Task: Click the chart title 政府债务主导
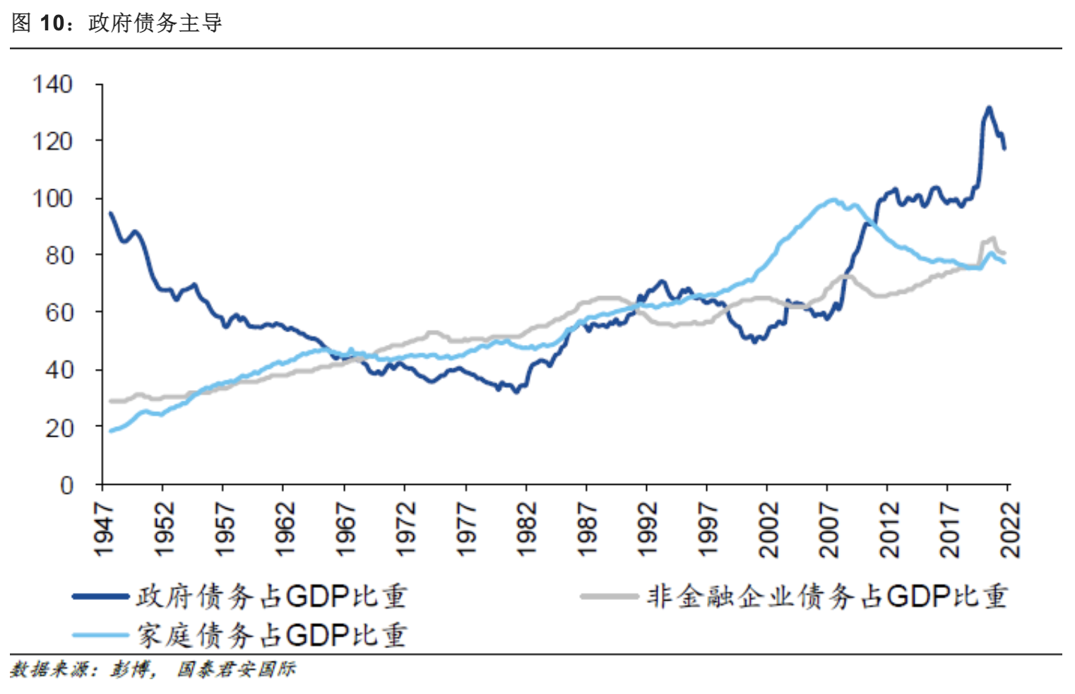tap(155, 23)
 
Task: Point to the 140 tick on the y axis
tap(52, 84)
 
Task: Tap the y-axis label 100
tap(52, 198)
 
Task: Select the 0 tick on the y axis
tap(66, 485)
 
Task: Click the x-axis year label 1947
tap(104, 529)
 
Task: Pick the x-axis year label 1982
tap(526, 529)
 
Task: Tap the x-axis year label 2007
tap(828, 529)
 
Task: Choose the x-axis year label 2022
tap(1010, 529)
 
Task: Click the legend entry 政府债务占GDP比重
tap(271, 596)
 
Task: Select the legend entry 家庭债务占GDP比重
tap(271, 635)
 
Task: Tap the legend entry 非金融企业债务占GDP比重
tap(826, 596)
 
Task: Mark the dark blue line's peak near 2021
tap(989, 107)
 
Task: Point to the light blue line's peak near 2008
tap(833, 199)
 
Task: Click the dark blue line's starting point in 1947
tap(110, 213)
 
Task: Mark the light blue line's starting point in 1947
tap(110, 430)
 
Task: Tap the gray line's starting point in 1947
tap(110, 401)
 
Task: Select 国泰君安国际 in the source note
tap(236, 669)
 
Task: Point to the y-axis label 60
tap(59, 312)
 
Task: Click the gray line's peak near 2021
tap(993, 238)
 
